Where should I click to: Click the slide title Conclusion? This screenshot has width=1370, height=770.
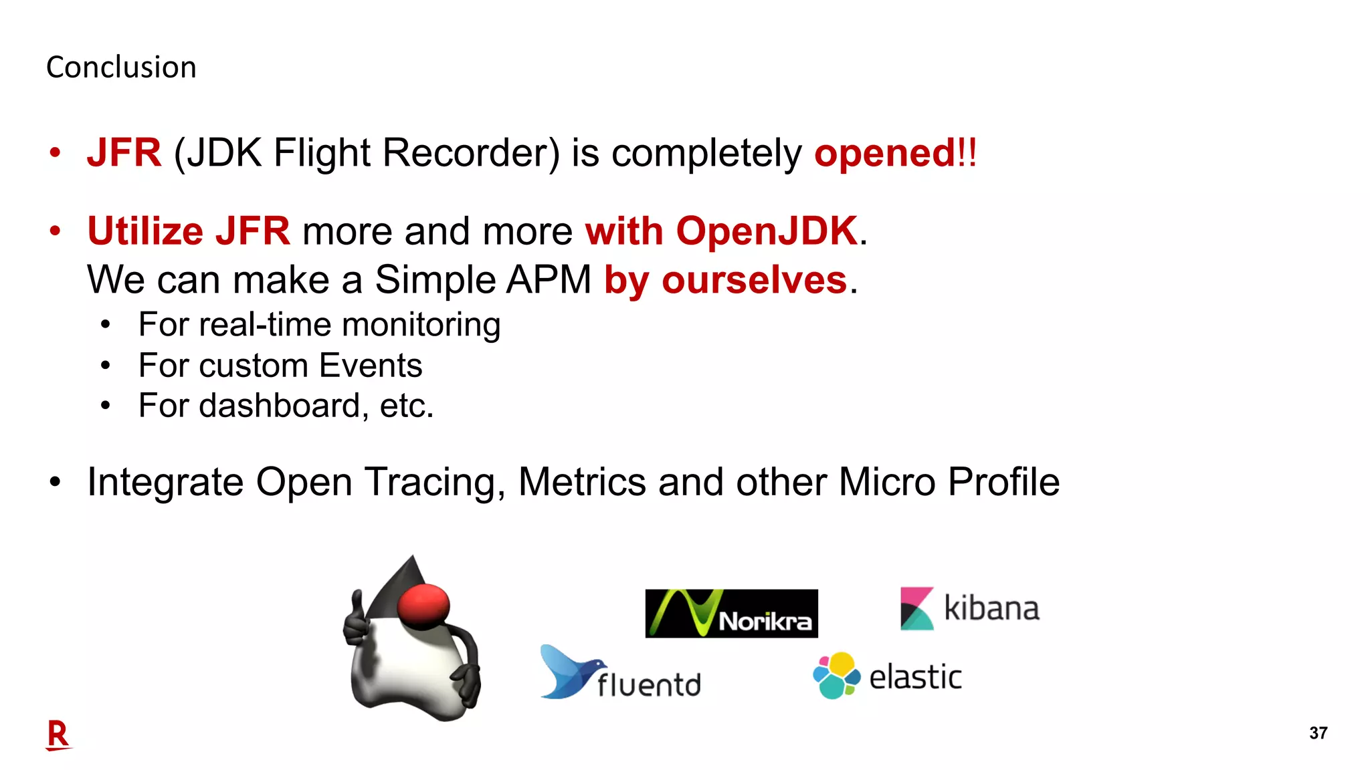point(121,68)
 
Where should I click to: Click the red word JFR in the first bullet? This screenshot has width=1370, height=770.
point(124,153)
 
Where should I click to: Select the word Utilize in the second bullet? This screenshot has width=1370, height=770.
point(145,231)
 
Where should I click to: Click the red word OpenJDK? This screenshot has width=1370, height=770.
point(767,231)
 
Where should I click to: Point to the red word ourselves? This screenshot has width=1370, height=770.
point(754,279)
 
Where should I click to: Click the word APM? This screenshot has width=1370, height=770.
point(549,279)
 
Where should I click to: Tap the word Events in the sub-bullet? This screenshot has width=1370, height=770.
point(370,366)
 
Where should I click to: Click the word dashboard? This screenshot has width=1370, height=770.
point(280,406)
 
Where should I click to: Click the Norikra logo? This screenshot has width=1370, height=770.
point(731,614)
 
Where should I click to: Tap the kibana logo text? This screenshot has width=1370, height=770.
point(991,609)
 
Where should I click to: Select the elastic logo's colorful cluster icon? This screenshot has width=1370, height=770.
point(836,676)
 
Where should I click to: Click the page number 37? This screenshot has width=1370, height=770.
point(1318,733)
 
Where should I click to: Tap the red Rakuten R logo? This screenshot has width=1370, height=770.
point(58,735)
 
